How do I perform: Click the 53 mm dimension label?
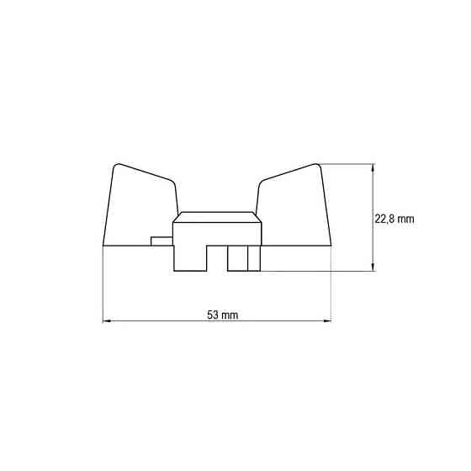pos(223,315)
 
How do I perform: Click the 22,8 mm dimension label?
pos(394,219)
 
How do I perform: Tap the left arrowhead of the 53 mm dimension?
pos(107,321)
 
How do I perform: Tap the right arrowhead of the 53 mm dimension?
pos(327,321)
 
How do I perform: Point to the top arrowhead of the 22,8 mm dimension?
pos(373,168)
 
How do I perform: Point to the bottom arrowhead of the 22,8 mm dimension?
pos(373,267)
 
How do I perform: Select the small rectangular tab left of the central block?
pos(161,241)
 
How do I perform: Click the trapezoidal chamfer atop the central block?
pos(217,217)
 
